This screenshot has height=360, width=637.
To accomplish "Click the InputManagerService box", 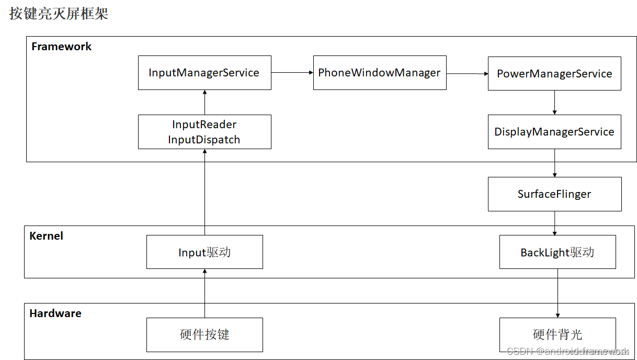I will tap(204, 73).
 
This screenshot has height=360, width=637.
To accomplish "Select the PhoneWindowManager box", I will tap(380, 73).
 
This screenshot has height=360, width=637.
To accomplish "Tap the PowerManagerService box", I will tap(554, 74).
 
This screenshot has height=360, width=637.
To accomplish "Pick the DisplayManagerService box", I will tap(554, 132).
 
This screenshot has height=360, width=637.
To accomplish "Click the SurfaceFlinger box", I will tap(554, 194).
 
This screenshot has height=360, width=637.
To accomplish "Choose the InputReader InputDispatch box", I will tap(204, 132).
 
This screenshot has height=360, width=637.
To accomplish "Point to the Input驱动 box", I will tap(204, 252).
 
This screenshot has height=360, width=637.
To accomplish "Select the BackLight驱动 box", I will tap(558, 252).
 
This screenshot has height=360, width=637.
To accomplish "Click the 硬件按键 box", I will tap(204, 334).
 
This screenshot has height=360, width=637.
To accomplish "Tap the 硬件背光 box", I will tap(558, 334).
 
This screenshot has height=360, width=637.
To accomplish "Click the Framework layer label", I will tap(61, 47).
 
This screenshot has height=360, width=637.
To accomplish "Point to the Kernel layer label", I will tap(46, 236).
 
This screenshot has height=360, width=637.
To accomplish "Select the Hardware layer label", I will tap(55, 313).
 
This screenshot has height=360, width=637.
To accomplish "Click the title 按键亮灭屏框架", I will tap(59, 14).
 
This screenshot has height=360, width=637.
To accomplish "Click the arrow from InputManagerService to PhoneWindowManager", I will tap(292, 73).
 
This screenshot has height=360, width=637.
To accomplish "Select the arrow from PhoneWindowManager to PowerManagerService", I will tap(467, 74).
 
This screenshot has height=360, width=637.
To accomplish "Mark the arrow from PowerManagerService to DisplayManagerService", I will tap(554, 103).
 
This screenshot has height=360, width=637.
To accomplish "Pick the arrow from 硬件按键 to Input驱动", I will tap(204, 293).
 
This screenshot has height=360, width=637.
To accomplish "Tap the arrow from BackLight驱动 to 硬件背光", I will tap(558, 293).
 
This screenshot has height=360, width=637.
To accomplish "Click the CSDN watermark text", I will tap(567, 351).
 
